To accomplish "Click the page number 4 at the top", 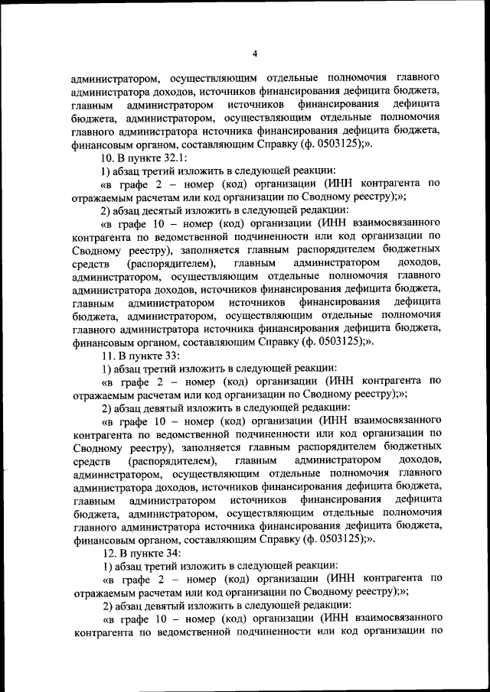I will pyautogui.click(x=254, y=53).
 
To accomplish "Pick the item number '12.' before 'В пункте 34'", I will pyautogui.click(x=109, y=552).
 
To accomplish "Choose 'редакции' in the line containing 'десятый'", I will pyautogui.click(x=327, y=210).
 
